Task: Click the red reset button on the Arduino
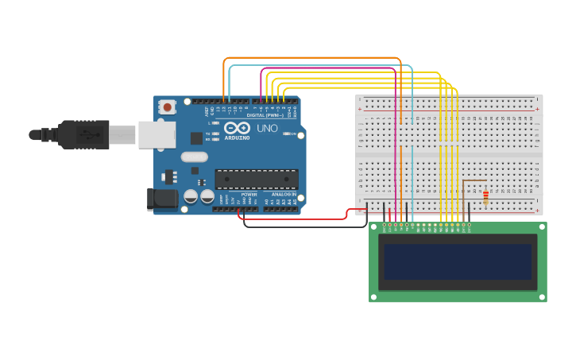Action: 167,106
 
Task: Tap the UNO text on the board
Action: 268,128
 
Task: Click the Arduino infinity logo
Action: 237,127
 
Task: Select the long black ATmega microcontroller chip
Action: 256,180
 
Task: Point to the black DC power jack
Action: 162,199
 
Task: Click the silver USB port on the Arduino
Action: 157,134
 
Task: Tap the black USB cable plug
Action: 83,134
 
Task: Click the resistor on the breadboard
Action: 485,196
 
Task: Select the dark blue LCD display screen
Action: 458,261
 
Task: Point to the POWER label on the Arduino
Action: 249,194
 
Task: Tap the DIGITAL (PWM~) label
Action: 265,115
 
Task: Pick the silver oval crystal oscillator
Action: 194,157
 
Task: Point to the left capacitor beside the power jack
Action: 191,195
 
